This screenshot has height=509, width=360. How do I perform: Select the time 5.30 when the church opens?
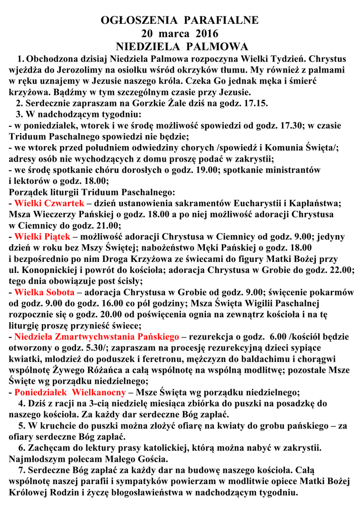94,348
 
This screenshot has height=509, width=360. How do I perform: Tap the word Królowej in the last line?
29,493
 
